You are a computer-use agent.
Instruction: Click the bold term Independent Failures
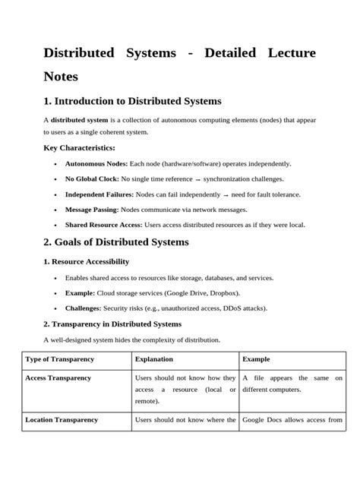tap(101, 194)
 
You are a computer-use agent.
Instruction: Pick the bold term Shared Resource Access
tap(103, 225)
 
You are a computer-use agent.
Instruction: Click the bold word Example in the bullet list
tap(80, 293)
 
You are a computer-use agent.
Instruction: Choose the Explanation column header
tap(154, 358)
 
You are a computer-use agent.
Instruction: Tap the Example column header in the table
tap(256, 358)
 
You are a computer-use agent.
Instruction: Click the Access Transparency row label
tap(58, 377)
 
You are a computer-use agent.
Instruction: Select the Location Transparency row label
tap(62, 419)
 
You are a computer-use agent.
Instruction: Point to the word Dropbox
tap(221, 293)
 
